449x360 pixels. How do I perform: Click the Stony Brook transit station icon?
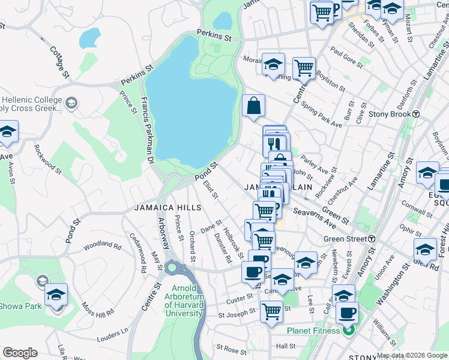pos(415,114)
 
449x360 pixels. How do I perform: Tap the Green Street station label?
pos(345,239)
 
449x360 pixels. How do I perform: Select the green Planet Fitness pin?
pos(348,330)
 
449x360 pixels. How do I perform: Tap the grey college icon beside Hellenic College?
pos(71,103)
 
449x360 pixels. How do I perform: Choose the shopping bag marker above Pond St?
pos(254,107)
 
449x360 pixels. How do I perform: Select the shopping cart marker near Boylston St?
pos(304,68)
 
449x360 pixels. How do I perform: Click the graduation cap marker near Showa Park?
pos(56,295)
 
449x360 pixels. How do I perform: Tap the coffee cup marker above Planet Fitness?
pos(348,313)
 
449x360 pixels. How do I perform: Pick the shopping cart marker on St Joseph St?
pos(271,311)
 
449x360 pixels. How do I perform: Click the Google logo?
pos(20,353)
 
